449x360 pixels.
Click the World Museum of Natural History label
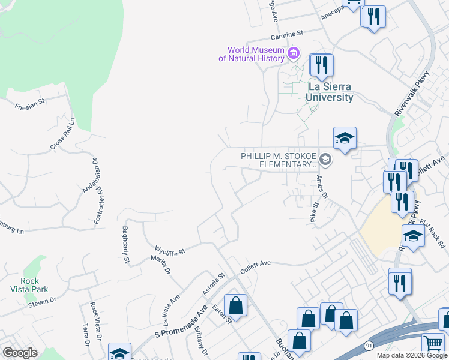[255, 54]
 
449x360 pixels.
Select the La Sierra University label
[330, 92]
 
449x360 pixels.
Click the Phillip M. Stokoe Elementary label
[278, 160]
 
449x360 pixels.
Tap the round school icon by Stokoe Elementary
[325, 159]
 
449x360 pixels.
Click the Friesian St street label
[30, 105]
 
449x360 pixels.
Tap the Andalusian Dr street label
[89, 176]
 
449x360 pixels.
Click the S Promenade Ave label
[181, 324]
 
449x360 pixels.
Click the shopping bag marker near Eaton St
[236, 305]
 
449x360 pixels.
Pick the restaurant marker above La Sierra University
[322, 65]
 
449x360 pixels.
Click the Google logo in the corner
[20, 353]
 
